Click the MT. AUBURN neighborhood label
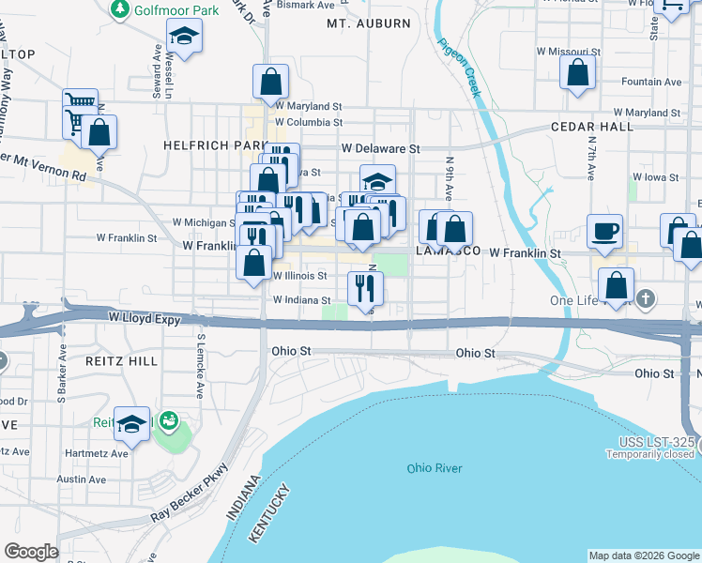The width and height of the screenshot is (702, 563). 357,23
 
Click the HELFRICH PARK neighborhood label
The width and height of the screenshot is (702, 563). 203,145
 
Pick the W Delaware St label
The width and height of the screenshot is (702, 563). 380,148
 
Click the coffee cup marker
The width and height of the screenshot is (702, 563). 605,230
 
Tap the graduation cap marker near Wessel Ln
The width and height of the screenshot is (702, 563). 185,38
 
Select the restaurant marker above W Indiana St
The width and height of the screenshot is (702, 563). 366,287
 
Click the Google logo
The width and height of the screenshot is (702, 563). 30,552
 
